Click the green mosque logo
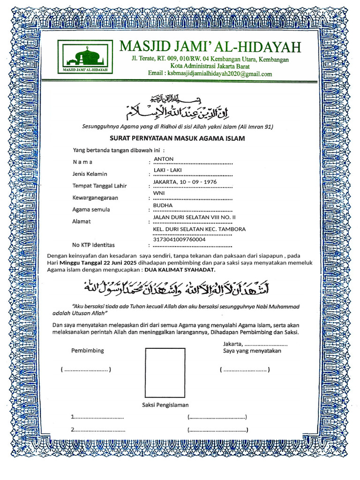tap(85, 57)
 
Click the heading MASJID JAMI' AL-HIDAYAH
tap(210, 47)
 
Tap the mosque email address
tap(210, 74)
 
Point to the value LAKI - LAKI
tap(167, 170)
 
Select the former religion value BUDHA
tap(163, 205)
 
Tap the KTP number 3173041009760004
tap(179, 240)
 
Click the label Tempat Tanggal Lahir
tap(99, 186)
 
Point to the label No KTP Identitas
tap(93, 245)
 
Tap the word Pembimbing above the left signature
tap(88, 351)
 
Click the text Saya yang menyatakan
tap(252, 351)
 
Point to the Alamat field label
tap(81, 221)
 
